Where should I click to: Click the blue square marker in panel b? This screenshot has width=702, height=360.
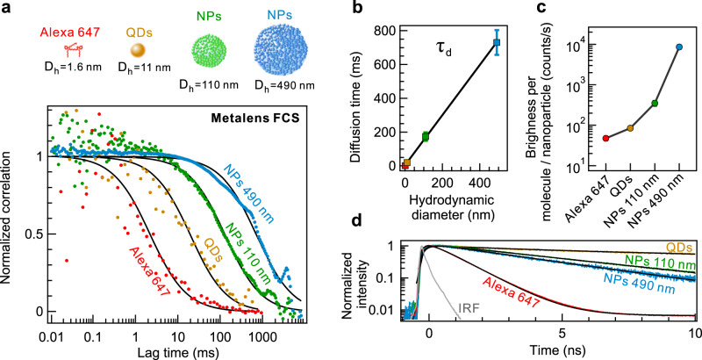(497, 42)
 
